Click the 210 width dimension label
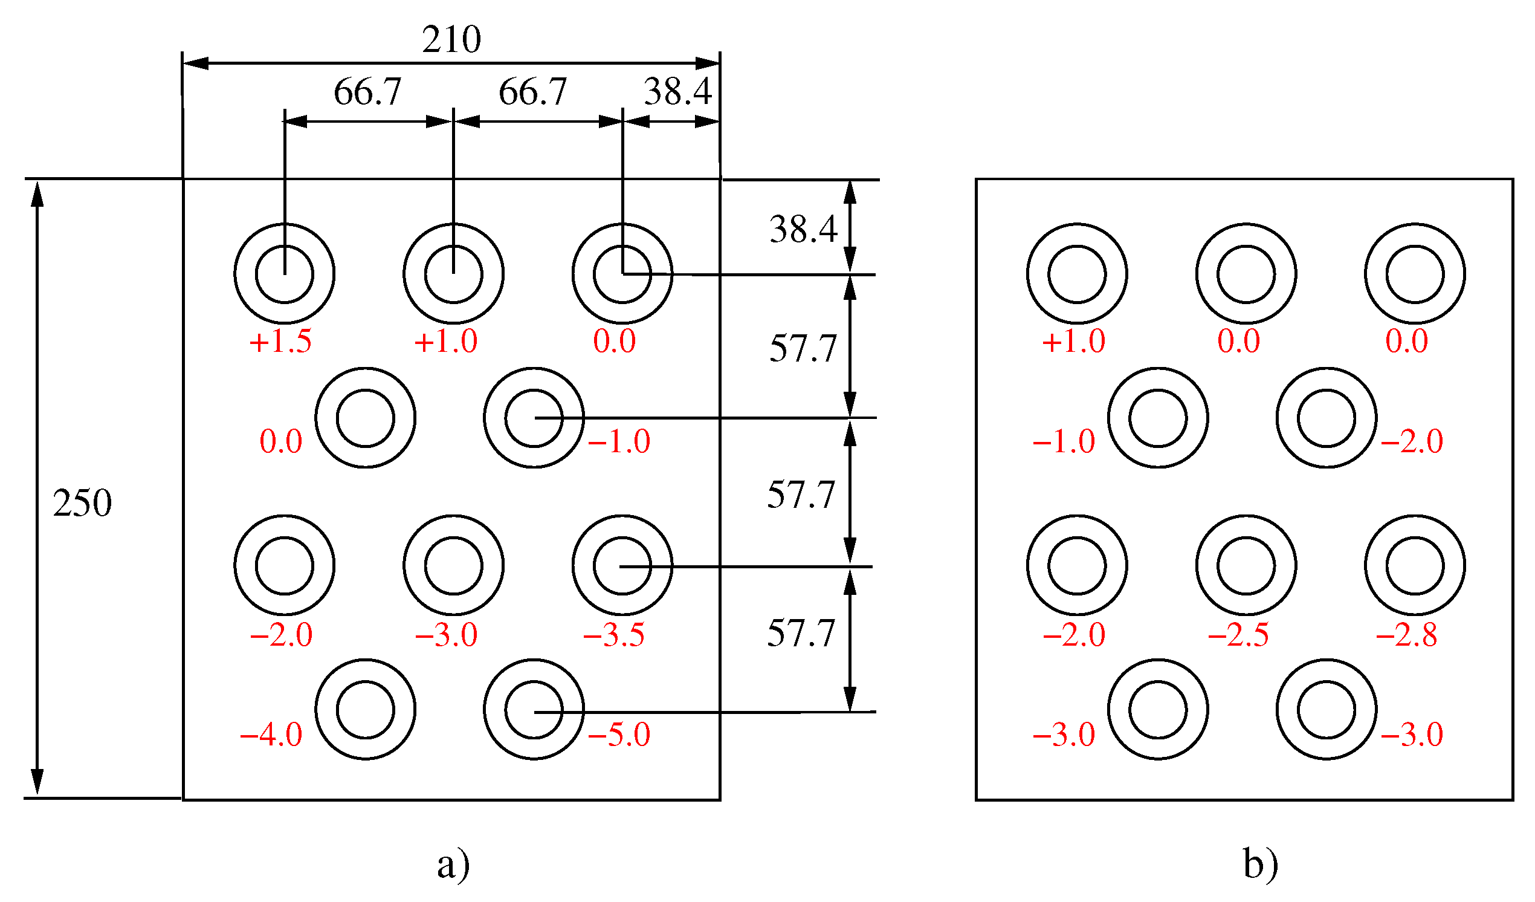452,40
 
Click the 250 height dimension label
82,504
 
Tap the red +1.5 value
281,342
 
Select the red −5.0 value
619,735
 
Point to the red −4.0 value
272,735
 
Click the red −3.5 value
614,635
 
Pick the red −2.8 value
1407,635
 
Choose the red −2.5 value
1239,635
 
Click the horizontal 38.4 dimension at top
678,92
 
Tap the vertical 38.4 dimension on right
804,230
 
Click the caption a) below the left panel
454,864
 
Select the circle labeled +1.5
285,274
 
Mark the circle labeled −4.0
366,710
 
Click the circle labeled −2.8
1415,566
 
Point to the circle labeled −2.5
1246,566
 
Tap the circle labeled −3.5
622,566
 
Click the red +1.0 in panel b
1074,342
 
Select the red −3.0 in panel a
447,635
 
